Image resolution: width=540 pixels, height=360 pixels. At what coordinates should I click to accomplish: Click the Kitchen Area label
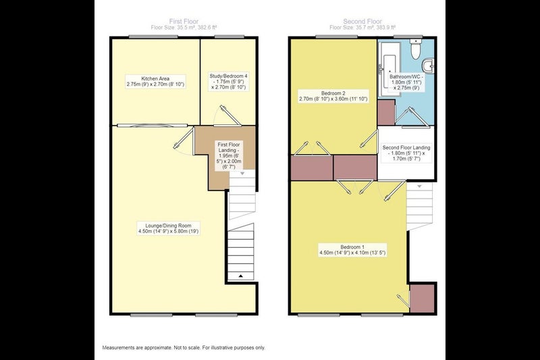155,81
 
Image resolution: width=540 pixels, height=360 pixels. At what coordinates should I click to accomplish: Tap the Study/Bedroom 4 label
229,82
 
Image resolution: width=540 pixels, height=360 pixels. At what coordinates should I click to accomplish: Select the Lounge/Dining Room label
168,228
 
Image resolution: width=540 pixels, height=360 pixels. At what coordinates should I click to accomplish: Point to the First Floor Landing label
229,155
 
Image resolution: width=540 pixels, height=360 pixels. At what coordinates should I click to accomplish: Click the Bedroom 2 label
333,96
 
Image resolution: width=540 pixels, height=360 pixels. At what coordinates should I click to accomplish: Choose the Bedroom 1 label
352,250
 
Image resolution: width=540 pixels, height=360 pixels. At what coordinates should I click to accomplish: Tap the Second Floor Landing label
406,153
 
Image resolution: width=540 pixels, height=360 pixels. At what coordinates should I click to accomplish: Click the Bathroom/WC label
406,82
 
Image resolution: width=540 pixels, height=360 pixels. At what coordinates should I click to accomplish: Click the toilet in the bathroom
416,49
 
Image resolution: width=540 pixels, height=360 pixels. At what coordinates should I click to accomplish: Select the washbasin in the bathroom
428,66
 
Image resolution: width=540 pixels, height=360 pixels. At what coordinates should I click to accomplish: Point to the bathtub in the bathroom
389,70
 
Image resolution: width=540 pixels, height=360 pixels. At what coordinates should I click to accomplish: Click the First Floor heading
184,21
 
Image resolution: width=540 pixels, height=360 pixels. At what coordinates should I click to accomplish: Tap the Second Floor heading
362,21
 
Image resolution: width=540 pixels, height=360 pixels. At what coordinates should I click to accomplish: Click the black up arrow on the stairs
241,276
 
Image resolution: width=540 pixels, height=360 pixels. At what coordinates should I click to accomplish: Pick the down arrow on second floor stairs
419,186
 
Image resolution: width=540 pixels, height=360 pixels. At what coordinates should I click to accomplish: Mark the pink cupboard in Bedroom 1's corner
422,299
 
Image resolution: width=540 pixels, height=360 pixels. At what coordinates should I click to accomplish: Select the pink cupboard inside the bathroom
386,112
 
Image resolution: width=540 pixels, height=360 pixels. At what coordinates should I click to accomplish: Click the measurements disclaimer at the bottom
184,348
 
